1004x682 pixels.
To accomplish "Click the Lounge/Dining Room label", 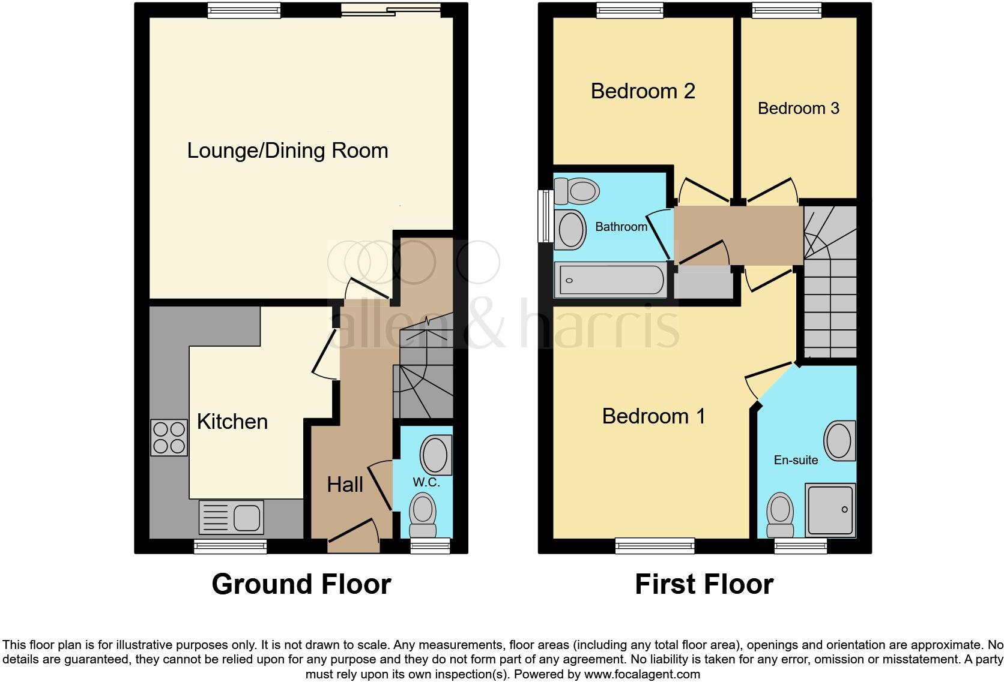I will (x=288, y=150).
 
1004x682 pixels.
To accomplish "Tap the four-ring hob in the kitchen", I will (x=169, y=438).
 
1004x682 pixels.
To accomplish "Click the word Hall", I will (x=345, y=485).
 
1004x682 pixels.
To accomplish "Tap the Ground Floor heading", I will (x=301, y=584).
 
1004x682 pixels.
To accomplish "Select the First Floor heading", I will (x=704, y=584).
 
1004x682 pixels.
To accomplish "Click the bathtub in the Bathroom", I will (x=611, y=280).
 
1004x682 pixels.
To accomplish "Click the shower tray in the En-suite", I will (x=831, y=509).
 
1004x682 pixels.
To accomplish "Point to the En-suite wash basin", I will (x=840, y=441).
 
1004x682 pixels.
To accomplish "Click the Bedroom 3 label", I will (x=798, y=109).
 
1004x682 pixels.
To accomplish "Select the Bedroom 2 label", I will (x=643, y=91).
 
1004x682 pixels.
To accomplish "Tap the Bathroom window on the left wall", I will (x=545, y=216).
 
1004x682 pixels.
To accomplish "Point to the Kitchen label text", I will (x=232, y=422).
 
